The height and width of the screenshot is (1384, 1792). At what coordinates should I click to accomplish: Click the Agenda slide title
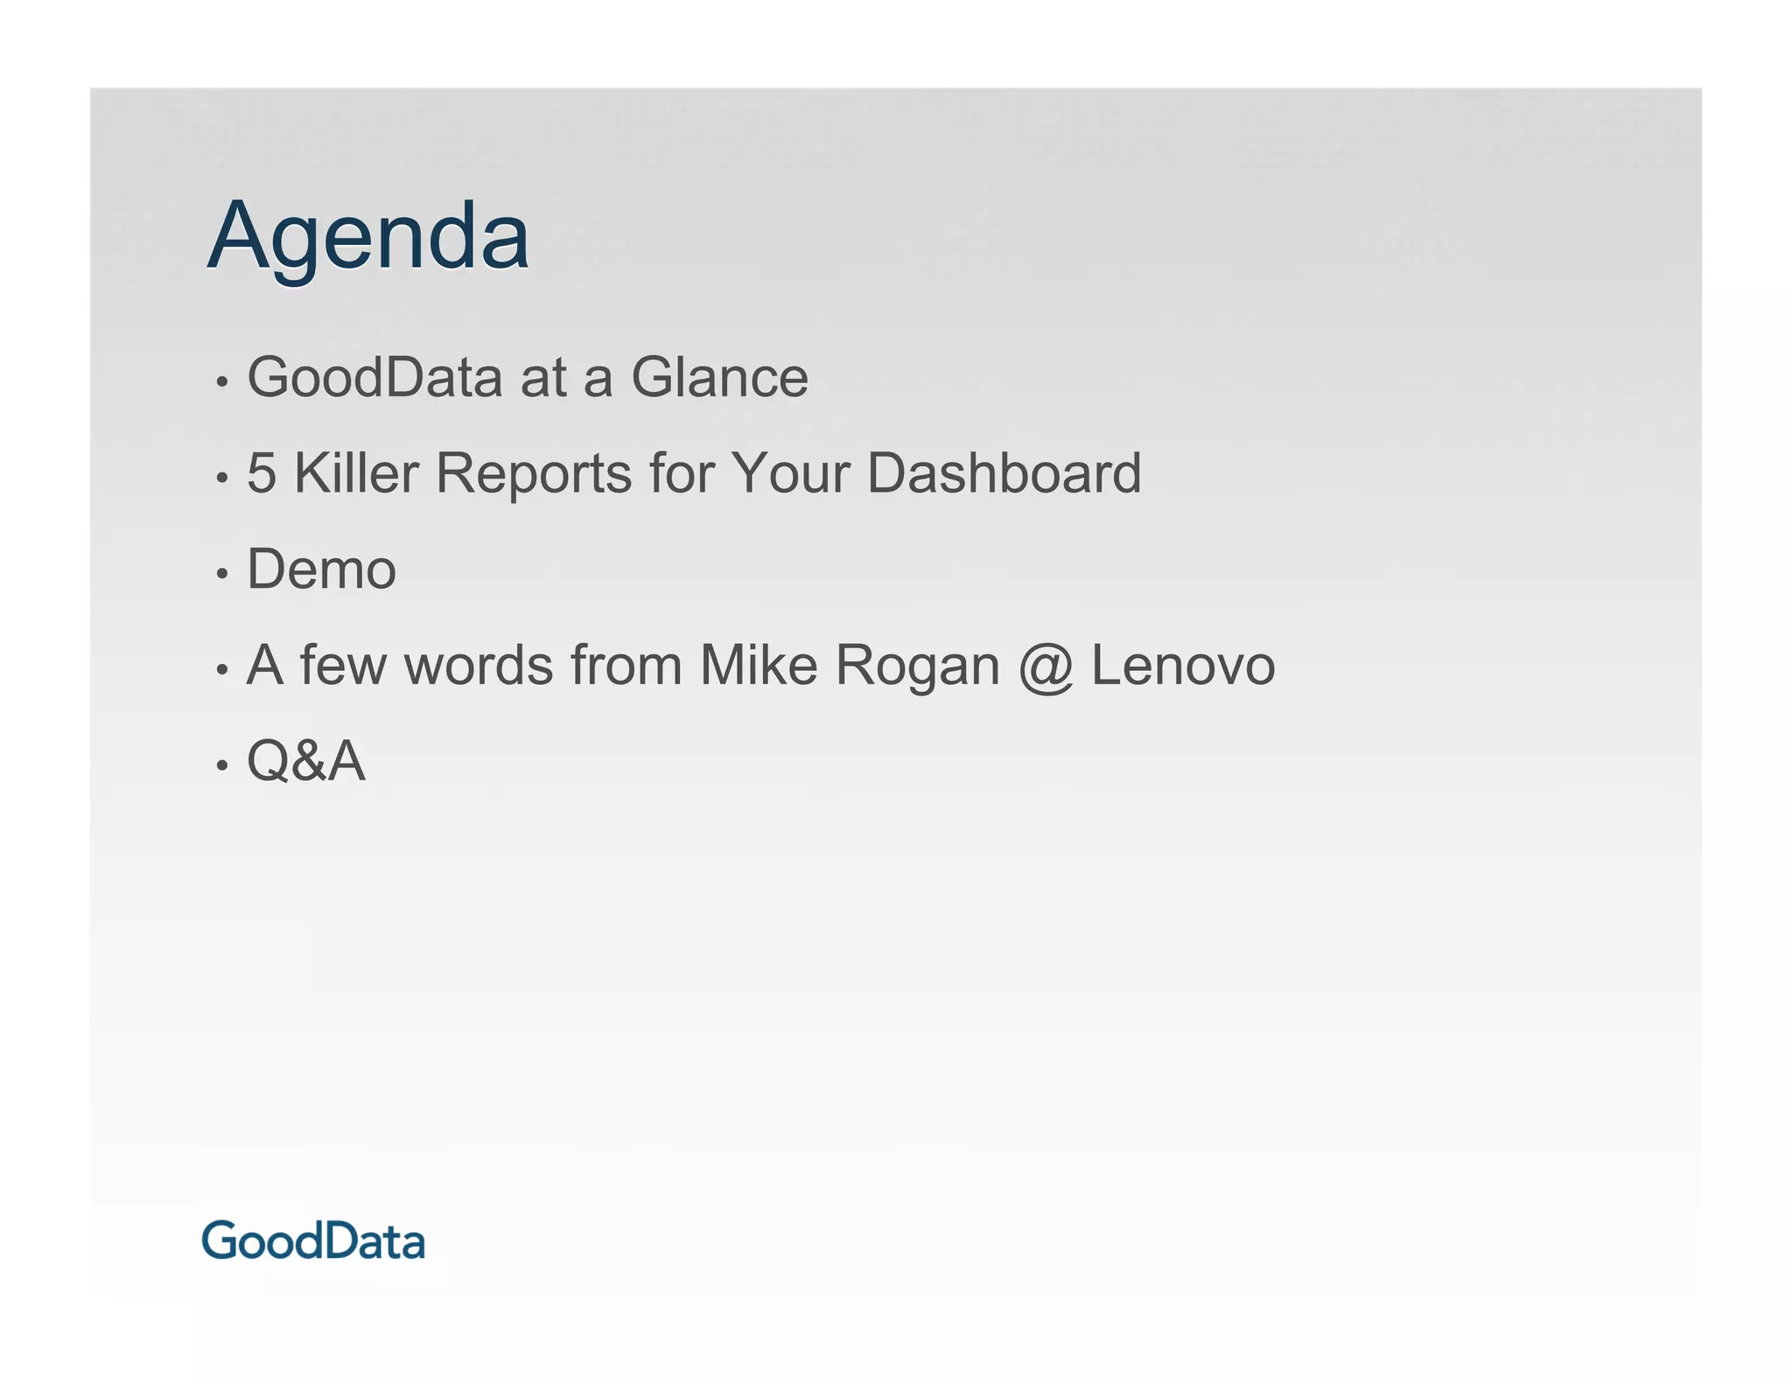point(368,236)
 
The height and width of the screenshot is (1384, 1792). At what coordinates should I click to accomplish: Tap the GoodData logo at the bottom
point(313,1241)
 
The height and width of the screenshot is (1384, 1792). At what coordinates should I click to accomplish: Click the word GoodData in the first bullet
point(374,378)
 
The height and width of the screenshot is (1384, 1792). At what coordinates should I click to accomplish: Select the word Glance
point(719,378)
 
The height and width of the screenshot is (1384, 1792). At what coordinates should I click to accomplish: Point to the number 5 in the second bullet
point(262,473)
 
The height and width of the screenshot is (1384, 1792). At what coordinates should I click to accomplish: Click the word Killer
point(356,473)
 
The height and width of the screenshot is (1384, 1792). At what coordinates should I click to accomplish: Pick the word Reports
point(534,473)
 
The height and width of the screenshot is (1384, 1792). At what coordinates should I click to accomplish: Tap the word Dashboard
point(1004,473)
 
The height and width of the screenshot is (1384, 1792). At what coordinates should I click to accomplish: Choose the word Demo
point(321,570)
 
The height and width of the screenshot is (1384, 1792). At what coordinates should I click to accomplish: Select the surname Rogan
point(917,667)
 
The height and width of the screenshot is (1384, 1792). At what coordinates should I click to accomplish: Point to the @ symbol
point(1046,667)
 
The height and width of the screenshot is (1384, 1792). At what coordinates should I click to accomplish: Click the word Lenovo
point(1183,665)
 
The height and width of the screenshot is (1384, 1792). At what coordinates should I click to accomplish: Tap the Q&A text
point(306,761)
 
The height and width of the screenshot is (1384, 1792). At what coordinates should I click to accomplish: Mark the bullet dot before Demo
point(222,574)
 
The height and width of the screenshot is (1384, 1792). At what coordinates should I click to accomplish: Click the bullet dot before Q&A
point(222,765)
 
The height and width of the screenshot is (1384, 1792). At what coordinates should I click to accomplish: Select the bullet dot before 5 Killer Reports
point(222,478)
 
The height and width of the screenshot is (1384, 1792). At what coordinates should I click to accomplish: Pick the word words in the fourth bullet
point(479,665)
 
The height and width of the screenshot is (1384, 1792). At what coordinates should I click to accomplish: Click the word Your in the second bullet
point(790,473)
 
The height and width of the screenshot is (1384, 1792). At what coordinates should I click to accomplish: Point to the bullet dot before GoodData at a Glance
point(222,382)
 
